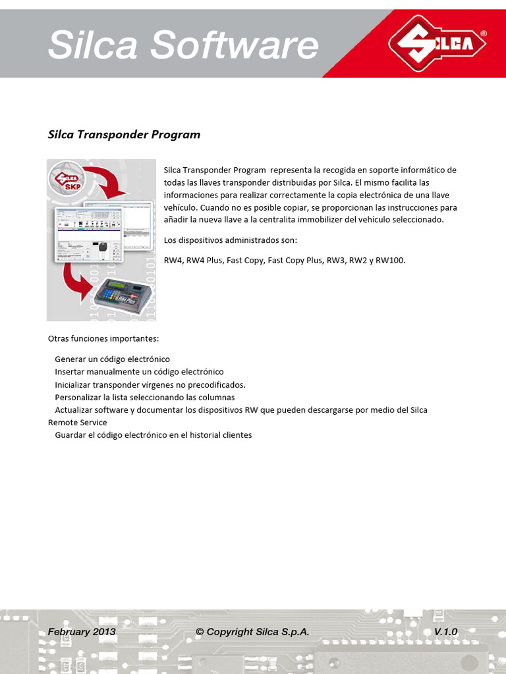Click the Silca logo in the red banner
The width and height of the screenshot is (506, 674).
pos(437,44)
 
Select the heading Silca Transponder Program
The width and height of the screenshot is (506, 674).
pos(124,135)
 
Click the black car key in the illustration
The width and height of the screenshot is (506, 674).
pos(102,250)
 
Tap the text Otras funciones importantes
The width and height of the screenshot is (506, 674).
pos(103,339)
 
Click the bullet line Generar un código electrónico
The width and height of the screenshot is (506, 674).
pos(112,359)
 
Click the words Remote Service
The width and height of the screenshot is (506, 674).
pos(77,423)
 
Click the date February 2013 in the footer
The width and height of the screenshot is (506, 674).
pos(82,632)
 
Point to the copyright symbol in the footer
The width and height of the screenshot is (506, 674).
pos(200,632)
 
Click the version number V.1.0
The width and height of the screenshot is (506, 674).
pos(445,632)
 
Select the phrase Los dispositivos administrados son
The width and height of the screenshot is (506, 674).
pos(231,240)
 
